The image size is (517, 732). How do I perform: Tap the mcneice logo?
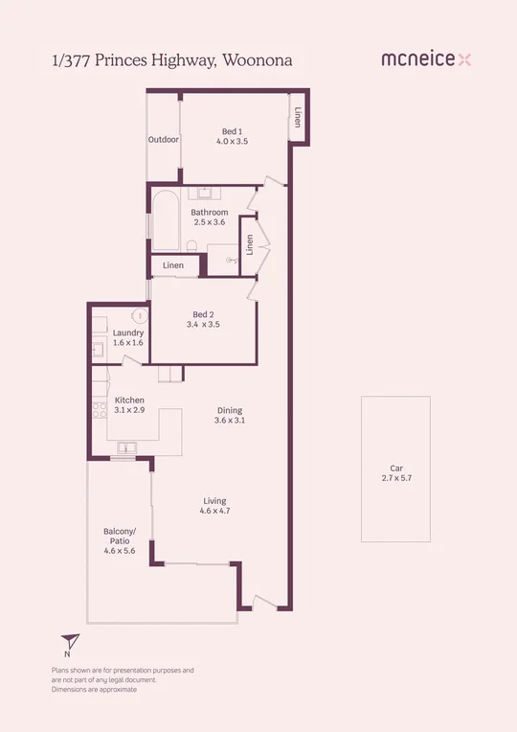[x=426, y=59]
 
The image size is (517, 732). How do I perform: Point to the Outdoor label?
[x=164, y=140]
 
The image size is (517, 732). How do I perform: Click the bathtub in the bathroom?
[x=165, y=220]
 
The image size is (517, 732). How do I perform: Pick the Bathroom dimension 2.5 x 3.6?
[x=209, y=222]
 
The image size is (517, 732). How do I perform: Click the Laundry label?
[x=127, y=332]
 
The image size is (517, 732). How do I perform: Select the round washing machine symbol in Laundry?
[x=139, y=314]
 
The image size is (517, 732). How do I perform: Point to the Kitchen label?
[x=129, y=400]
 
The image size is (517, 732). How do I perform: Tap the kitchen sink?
[x=126, y=447]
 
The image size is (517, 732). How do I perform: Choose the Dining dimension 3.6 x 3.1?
[x=230, y=421]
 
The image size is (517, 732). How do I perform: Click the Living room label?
[x=215, y=501]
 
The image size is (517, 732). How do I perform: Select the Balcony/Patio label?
[x=120, y=537]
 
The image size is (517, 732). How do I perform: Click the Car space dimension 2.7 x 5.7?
[x=395, y=477]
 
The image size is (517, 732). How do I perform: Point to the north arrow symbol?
[x=68, y=643]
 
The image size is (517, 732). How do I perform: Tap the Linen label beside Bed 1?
[x=299, y=118]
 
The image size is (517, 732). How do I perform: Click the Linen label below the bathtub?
[x=173, y=265]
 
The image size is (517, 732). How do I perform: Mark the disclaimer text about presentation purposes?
[x=123, y=679]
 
